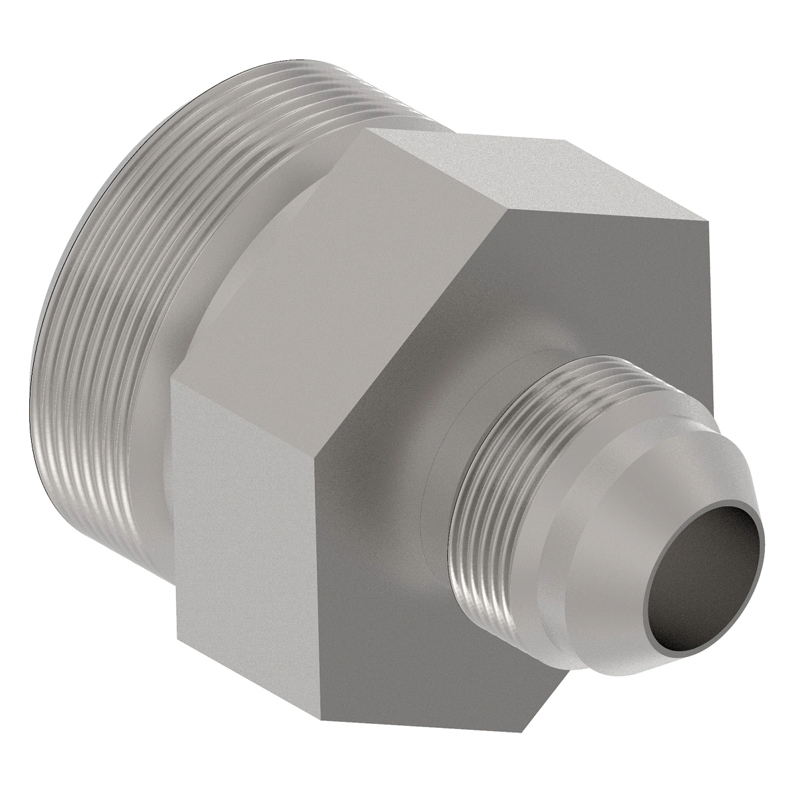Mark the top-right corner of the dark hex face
[708, 225]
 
